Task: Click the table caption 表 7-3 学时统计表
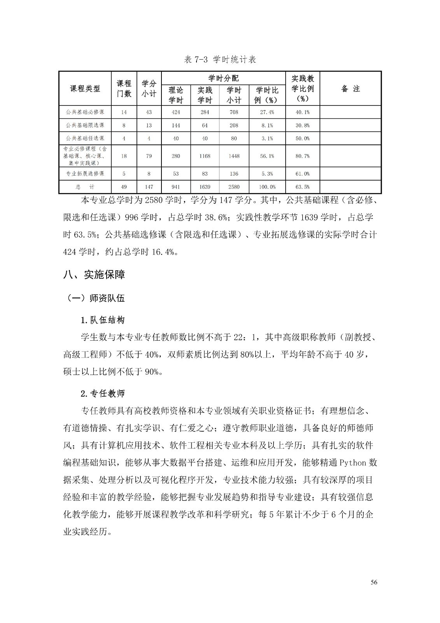pos(220,60)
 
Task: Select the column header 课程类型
pos(85,89)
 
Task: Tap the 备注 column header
pos(350,89)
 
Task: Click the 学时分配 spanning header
pos(223,78)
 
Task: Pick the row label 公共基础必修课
pos(85,112)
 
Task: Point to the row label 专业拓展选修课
pos(85,174)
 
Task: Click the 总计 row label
pos(85,187)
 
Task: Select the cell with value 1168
pos(205,156)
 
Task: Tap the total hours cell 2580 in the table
pos(234,187)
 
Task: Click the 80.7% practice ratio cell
pos(302,156)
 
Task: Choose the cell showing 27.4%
pos(267,112)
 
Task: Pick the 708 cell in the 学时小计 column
pos(234,112)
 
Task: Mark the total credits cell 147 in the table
pos(149,187)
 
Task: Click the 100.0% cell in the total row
pos(267,187)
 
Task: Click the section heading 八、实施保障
pos(94,275)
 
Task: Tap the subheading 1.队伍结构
pos(103,320)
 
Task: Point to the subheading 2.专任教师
pos(103,393)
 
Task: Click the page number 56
pos(374,583)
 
